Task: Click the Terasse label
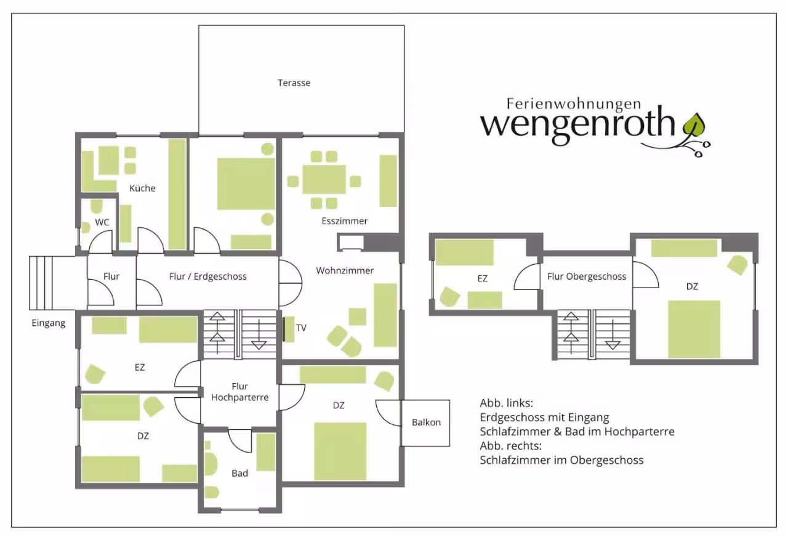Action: (294, 83)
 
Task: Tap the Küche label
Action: (142, 188)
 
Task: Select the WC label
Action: (102, 222)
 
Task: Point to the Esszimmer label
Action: (344, 221)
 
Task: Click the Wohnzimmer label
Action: (345, 270)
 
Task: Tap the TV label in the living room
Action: (301, 328)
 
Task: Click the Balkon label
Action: (426, 422)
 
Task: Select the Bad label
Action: (239, 474)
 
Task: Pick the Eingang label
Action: (49, 323)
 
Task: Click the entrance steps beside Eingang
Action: (41, 283)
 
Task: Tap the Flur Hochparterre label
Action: (240, 392)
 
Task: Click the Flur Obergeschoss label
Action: (587, 277)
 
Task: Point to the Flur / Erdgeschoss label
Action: (207, 277)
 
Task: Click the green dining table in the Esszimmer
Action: (324, 179)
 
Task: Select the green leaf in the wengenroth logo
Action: (694, 126)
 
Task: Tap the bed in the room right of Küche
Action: (246, 184)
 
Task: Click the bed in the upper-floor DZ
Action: (694, 329)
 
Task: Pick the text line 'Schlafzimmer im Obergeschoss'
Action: (561, 460)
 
